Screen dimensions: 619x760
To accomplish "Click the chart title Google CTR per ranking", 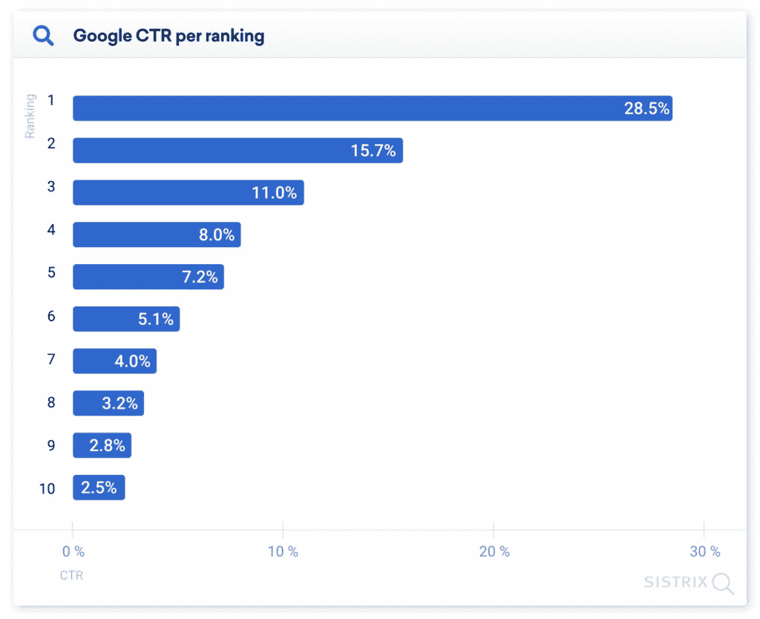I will [x=168, y=36].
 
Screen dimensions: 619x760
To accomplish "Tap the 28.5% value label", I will [x=646, y=108].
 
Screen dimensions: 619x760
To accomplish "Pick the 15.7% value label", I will [x=373, y=151].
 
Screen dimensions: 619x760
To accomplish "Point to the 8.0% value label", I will [x=216, y=235].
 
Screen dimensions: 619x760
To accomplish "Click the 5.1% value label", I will [x=155, y=319].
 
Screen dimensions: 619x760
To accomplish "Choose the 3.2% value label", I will [x=119, y=404].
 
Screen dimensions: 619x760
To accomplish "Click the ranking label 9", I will [x=51, y=446].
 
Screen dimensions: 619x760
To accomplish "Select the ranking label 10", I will [x=47, y=488].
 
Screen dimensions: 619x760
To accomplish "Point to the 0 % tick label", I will [x=73, y=551].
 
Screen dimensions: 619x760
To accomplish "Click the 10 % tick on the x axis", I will [x=283, y=551].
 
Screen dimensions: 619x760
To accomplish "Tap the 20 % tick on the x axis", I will [x=494, y=551].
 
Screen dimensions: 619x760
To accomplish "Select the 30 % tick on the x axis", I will [x=705, y=551].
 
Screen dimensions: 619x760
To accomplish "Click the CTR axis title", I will [x=71, y=575].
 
